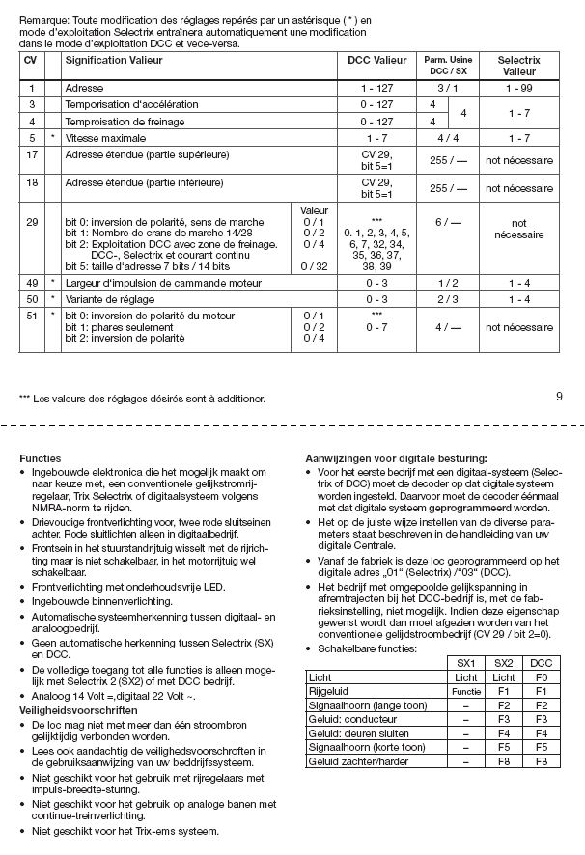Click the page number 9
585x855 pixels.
pos(560,395)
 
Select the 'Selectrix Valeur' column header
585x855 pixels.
pos(518,66)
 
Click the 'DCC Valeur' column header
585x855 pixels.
pos(377,60)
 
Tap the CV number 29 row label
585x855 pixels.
pos(33,222)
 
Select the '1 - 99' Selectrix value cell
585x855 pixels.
pos(518,87)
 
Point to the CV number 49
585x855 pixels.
pos(33,283)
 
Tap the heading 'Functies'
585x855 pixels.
pos(41,456)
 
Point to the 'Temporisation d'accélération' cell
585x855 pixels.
pos(131,104)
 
